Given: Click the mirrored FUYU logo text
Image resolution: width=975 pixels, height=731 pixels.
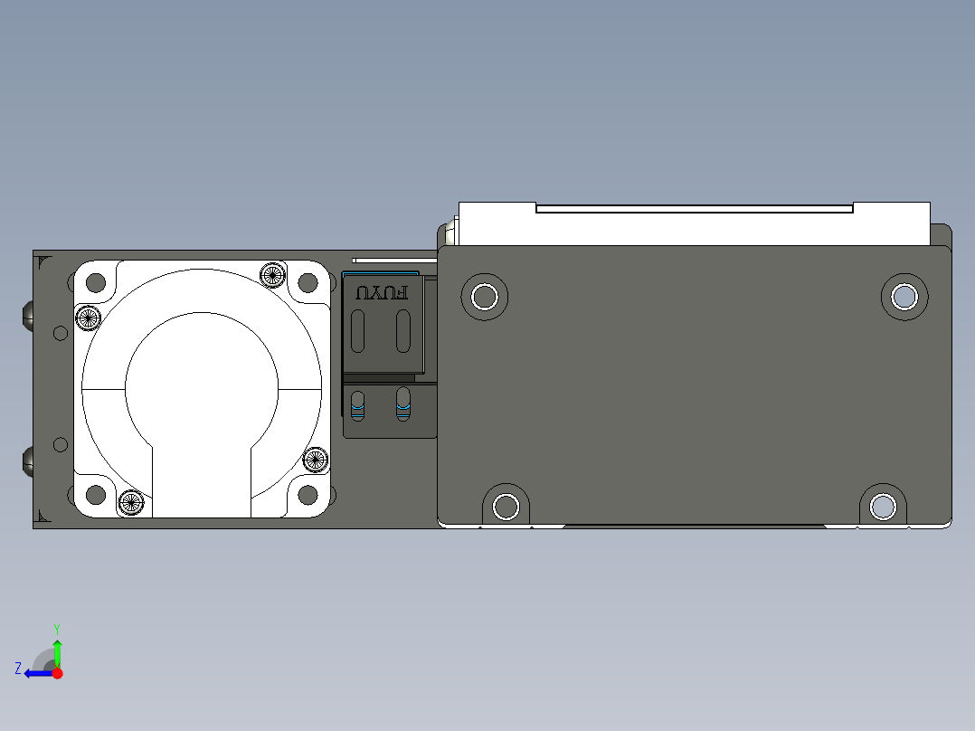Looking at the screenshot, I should click(x=381, y=293).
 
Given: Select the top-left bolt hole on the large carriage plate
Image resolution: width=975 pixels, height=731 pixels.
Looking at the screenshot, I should click(x=485, y=297).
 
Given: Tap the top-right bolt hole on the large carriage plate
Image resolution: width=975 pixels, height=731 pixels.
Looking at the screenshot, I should click(x=904, y=296).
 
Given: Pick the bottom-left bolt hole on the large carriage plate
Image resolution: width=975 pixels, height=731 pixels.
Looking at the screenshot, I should click(x=506, y=507).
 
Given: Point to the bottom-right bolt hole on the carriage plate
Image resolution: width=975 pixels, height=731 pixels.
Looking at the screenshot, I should click(x=882, y=507).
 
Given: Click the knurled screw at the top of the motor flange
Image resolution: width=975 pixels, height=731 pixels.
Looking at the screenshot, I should click(x=272, y=274).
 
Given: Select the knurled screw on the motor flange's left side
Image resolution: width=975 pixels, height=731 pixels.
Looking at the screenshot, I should click(x=88, y=318).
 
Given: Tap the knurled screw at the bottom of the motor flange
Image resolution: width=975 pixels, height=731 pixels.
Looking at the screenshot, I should click(x=131, y=502).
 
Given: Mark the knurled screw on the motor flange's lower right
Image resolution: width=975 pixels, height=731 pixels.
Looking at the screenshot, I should click(x=315, y=460).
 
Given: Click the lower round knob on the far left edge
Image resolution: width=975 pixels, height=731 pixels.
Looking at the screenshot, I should click(x=27, y=461).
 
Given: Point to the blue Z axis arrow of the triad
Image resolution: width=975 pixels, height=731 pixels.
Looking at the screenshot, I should click(x=35, y=673).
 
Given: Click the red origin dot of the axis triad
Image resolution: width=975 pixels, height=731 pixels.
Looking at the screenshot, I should click(x=57, y=673).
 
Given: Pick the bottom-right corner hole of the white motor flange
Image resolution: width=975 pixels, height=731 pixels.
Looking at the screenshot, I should click(x=308, y=495).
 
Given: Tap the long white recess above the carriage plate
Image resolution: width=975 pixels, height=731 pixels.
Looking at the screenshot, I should click(x=694, y=209).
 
